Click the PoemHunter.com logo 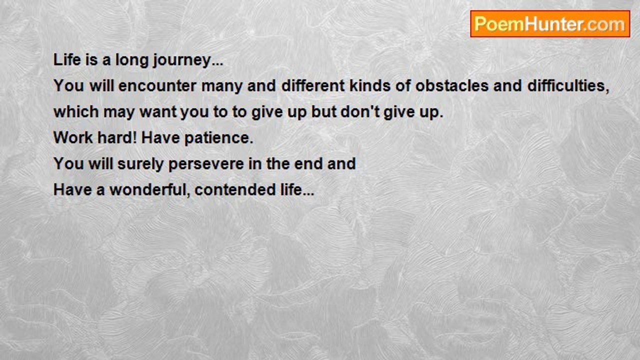tap(550, 24)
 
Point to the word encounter tap(157, 85)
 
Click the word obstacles tap(452, 85)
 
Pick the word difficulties tap(568, 86)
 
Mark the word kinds tap(370, 85)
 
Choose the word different tap(313, 85)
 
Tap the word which tap(76, 111)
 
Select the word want tap(158, 112)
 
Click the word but tap(323, 111)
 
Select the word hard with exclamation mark tap(117, 137)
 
